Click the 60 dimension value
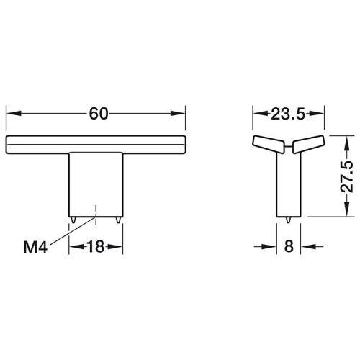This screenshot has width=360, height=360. (99, 114)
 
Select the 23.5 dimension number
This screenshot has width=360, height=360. (288, 114)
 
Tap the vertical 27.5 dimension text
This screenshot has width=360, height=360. (347, 176)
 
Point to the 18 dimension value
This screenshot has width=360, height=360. (96, 246)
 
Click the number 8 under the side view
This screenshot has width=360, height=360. (289, 246)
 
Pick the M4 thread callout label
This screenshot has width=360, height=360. (35, 247)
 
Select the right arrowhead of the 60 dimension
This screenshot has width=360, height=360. (178, 113)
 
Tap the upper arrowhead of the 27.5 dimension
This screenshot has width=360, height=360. (347, 143)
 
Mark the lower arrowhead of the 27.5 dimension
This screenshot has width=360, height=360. (347, 210)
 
